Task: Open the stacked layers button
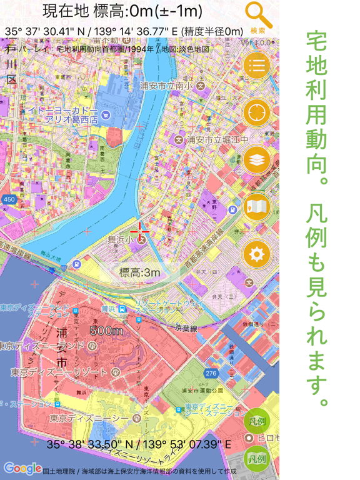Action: (x=257, y=160)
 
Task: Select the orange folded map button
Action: (x=257, y=207)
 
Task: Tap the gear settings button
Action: (x=257, y=254)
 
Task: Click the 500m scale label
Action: (x=107, y=330)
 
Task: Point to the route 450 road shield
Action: (x=9, y=199)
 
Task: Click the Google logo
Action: (x=22, y=468)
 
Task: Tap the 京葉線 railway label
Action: (x=186, y=327)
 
